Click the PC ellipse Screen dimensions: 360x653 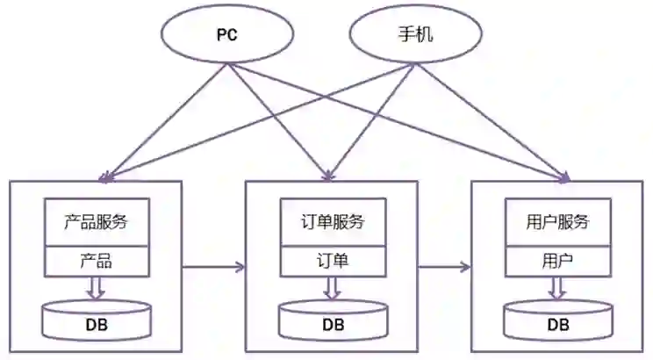click(227, 37)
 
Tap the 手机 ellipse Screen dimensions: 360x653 click(415, 37)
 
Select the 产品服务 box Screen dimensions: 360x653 click(97, 222)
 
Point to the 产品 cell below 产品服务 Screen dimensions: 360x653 click(97, 261)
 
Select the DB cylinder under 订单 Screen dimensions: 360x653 click(332, 322)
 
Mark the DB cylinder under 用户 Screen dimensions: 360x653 click(558, 322)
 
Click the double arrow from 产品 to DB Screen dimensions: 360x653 click(97, 287)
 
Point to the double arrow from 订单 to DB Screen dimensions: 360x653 click(332, 288)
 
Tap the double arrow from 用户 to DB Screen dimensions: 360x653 click(558, 288)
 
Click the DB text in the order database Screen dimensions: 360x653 click(332, 325)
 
